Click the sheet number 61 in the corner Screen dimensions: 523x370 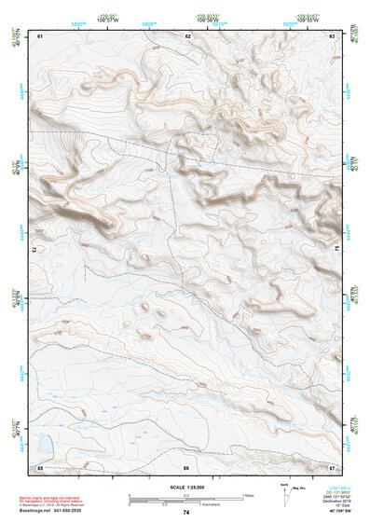click(41, 35)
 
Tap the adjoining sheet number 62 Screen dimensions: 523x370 click(188, 35)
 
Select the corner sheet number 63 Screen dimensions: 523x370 click(332, 35)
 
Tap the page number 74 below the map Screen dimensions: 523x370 click(186, 512)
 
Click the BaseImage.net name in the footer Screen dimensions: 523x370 click(35, 512)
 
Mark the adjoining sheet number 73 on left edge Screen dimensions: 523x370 click(34, 251)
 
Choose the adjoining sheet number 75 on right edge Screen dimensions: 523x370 click(337, 250)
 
